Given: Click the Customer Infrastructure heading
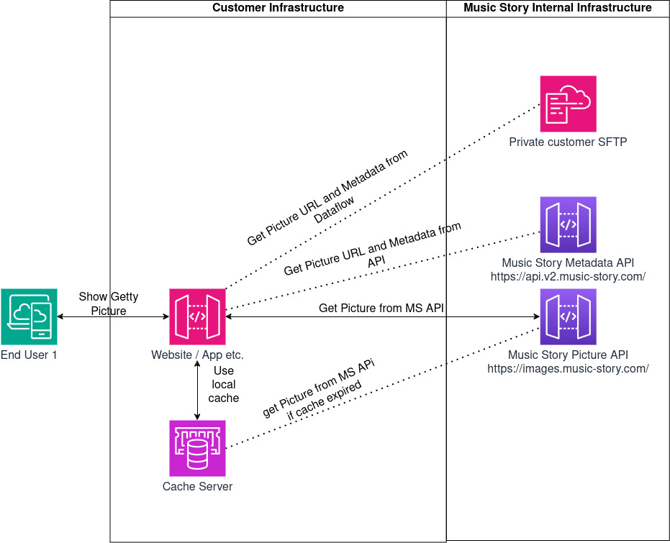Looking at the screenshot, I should [278, 8].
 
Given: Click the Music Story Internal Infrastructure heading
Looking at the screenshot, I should [558, 8].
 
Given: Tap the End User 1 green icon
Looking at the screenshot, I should [29, 316].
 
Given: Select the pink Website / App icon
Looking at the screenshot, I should [197, 316].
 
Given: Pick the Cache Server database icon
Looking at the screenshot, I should [197, 448].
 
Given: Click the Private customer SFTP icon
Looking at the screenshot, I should [569, 104].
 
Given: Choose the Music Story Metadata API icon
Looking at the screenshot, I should [569, 224].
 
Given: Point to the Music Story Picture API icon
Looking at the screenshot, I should [569, 316].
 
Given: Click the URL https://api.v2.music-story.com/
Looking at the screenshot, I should [568, 277].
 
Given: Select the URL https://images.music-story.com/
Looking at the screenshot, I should [568, 369].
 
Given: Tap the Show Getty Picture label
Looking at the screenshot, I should [108, 304].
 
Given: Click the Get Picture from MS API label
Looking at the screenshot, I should [381, 309].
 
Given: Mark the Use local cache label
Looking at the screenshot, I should [224, 384].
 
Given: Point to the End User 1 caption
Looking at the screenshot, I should [29, 355].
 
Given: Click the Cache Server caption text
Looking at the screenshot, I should [197, 487].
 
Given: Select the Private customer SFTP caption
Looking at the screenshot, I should [568, 142].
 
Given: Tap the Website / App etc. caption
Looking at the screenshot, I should [197, 355].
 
